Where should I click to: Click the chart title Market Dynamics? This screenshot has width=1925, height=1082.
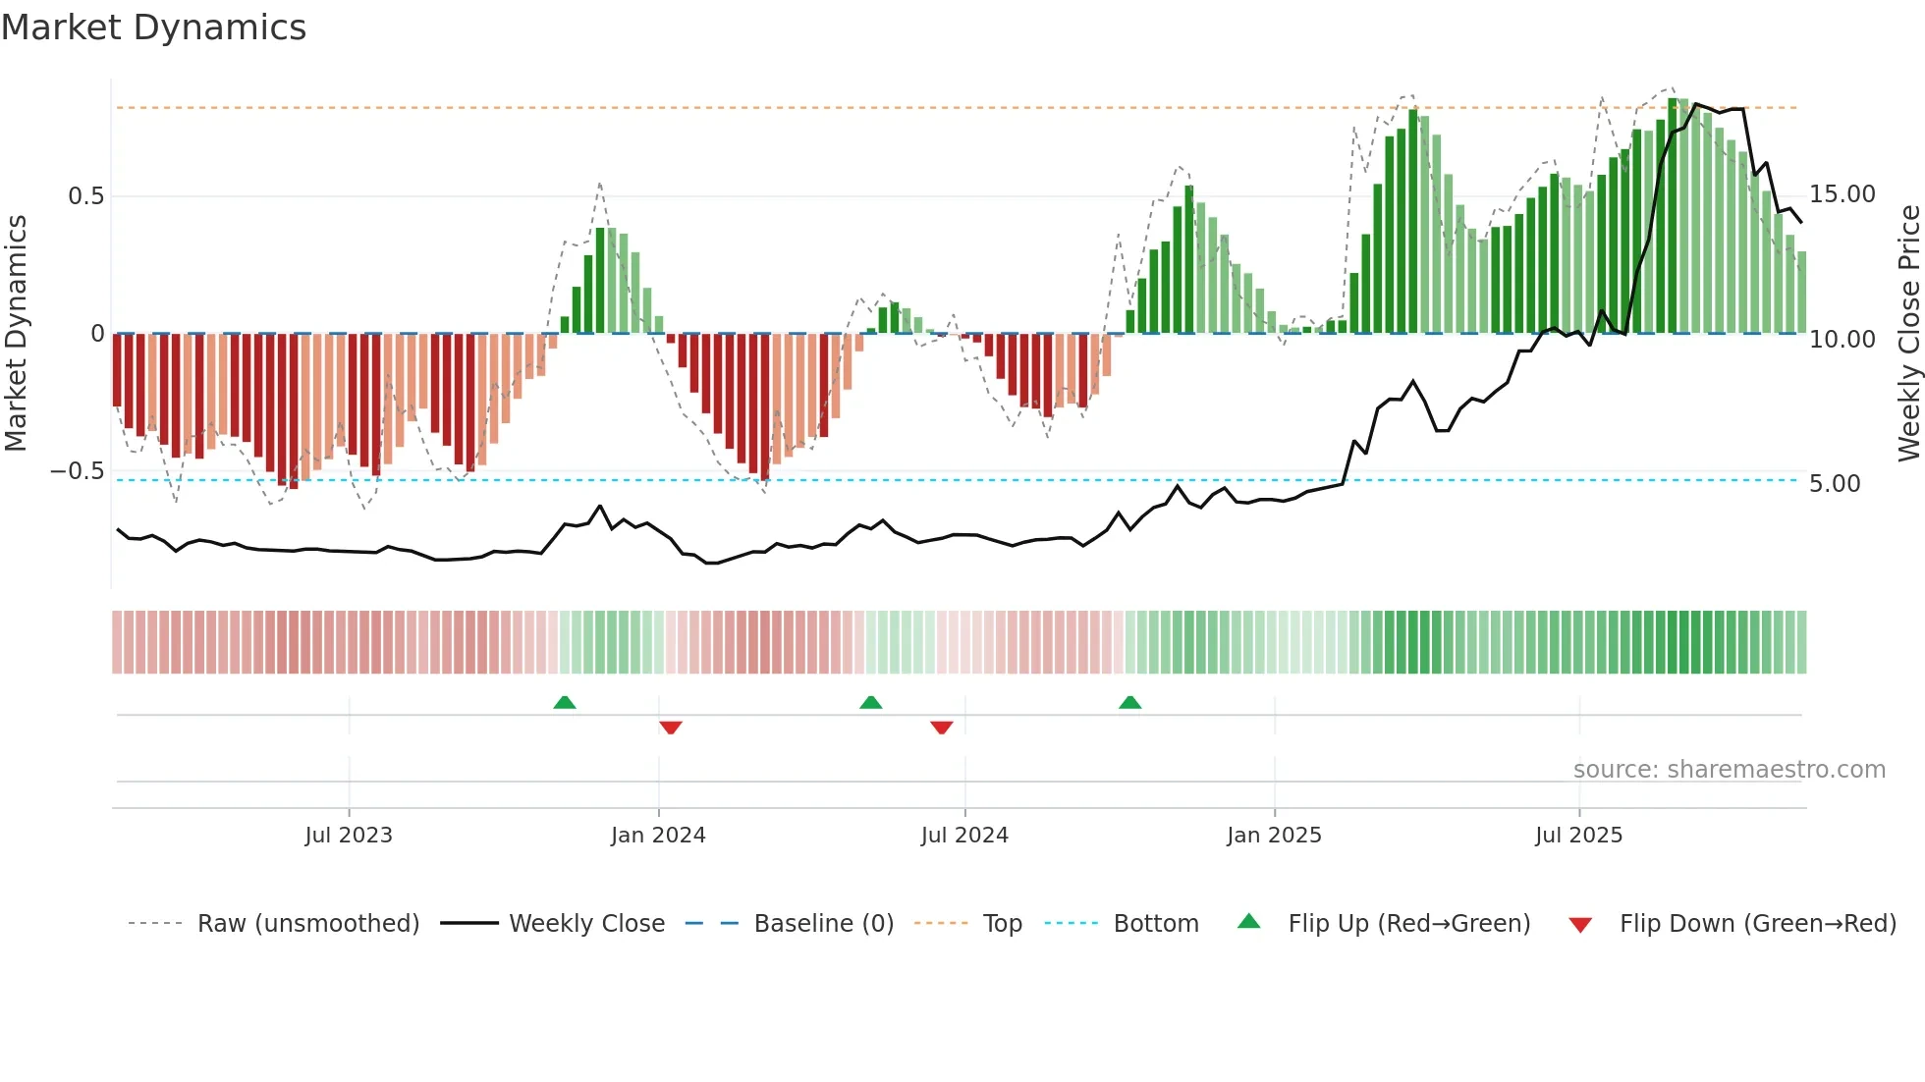(x=153, y=27)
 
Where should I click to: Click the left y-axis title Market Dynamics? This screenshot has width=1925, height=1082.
(x=16, y=334)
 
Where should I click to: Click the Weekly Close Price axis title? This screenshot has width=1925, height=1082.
(x=1908, y=334)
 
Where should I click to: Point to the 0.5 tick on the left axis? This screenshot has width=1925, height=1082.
(x=85, y=196)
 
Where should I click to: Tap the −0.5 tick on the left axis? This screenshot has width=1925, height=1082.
(x=78, y=471)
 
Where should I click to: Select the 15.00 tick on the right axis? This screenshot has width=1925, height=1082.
(x=1842, y=194)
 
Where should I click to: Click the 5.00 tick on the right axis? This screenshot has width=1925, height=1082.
(x=1834, y=484)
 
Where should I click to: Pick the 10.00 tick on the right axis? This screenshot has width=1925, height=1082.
(x=1842, y=340)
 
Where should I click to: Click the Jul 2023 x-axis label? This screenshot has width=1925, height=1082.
(x=348, y=836)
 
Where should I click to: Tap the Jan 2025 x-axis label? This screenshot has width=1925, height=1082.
(x=1274, y=836)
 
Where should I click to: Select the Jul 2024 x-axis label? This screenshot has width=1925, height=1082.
(x=964, y=836)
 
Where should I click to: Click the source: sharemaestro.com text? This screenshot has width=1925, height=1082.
(x=1729, y=770)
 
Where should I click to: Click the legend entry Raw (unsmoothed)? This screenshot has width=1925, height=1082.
(x=307, y=924)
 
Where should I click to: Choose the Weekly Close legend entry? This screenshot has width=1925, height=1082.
(x=586, y=924)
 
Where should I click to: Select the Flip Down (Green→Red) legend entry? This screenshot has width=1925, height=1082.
(x=1757, y=924)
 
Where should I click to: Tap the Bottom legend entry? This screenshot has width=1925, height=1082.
(x=1155, y=924)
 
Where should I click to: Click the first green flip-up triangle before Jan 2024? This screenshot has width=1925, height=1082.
(x=565, y=703)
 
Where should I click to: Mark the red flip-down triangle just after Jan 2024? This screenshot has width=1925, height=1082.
(x=671, y=728)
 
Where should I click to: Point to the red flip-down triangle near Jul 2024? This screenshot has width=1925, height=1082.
(x=942, y=728)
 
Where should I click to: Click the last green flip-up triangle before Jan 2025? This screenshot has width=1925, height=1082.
(x=1130, y=703)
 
